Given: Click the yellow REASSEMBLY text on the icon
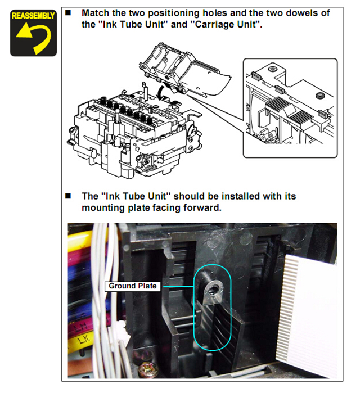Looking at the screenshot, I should point(33,15).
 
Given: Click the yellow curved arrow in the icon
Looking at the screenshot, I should point(33,38).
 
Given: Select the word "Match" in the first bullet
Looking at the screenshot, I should point(96,13).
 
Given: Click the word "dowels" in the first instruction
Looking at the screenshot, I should point(305,13).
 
